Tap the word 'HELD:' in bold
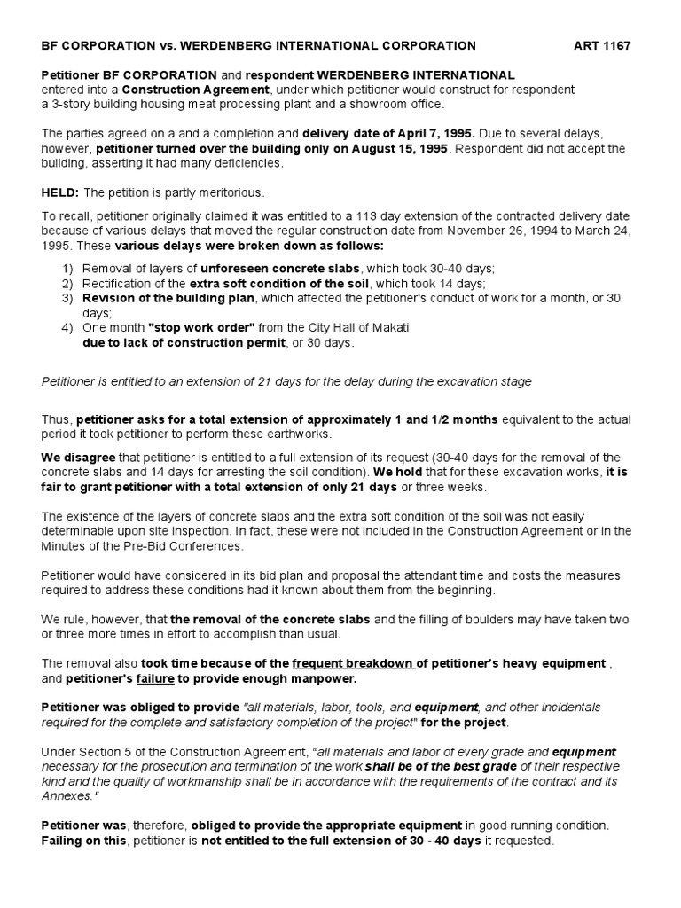pyautogui.click(x=61, y=193)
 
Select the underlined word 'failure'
pyautogui.click(x=154, y=678)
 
